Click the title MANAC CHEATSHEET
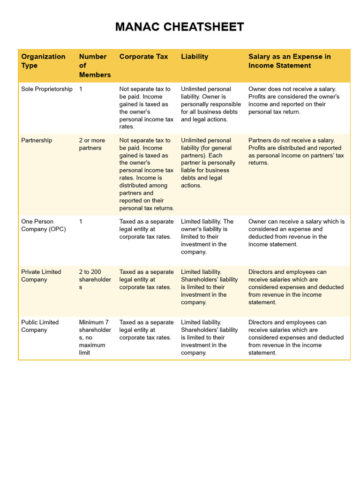[x=180, y=27]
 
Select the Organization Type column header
[x=43, y=61]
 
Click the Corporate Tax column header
[x=143, y=57]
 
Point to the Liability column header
[x=195, y=57]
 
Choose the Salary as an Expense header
[x=289, y=61]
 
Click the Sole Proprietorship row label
[x=47, y=89]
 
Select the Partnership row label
[x=37, y=140]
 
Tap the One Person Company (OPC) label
[x=43, y=225]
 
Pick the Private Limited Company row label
[x=41, y=276]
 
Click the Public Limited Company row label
[x=40, y=326]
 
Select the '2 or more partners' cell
[x=92, y=144]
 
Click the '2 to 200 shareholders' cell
[x=95, y=279]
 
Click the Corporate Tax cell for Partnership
[x=147, y=174]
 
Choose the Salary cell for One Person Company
[x=296, y=233]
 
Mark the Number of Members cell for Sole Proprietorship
[x=81, y=89]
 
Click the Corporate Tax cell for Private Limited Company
[x=146, y=279]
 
